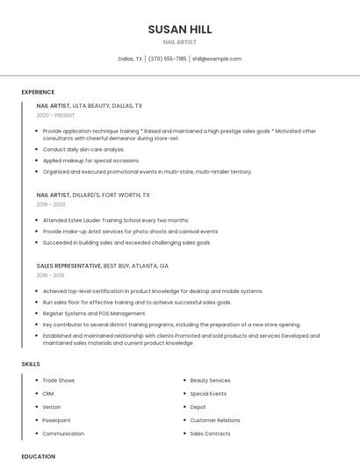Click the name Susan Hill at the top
(180, 29)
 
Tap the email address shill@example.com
(216, 59)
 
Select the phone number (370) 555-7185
(167, 59)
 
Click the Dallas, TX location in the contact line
(130, 59)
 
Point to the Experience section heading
(38, 92)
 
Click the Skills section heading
(31, 363)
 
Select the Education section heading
(38, 456)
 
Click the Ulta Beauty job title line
(90, 105)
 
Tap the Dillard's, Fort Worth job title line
(93, 195)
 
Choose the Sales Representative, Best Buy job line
(103, 265)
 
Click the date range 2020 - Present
(55, 115)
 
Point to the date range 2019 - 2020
(51, 204)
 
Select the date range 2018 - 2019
(51, 275)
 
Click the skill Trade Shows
(59, 380)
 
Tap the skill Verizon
(53, 407)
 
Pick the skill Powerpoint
(57, 420)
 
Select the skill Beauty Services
(210, 380)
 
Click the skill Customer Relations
(214, 420)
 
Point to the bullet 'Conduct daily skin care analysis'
(84, 149)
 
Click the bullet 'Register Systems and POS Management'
(94, 313)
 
